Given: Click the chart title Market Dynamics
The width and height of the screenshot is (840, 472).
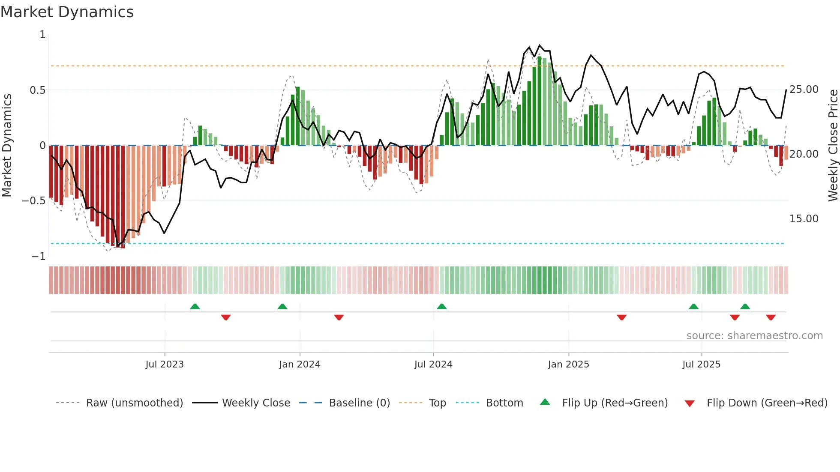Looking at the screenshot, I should (67, 12).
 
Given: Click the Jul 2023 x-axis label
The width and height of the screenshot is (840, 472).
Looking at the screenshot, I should (165, 364).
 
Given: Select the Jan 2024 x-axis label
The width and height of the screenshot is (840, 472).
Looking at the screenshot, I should (300, 364).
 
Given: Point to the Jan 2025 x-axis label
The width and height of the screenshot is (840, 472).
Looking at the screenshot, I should (568, 364).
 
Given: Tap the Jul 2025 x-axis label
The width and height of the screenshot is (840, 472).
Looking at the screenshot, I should (701, 364).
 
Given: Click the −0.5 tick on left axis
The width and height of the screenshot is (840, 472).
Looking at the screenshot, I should (34, 201).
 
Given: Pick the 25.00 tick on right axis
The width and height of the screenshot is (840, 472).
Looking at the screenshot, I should (804, 90).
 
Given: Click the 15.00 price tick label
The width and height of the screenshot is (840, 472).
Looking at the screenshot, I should (804, 219).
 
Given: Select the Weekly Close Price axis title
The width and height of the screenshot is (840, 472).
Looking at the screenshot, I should (833, 146).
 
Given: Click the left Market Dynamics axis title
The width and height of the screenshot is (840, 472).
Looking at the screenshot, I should (7, 146).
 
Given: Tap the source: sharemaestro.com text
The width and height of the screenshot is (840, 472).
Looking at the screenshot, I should (754, 336).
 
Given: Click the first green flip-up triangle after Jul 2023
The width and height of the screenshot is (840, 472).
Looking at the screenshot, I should (195, 306).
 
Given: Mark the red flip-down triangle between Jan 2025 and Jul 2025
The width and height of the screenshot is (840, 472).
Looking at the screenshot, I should (621, 317).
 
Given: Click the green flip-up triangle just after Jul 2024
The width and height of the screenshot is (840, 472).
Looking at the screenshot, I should (441, 306).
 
